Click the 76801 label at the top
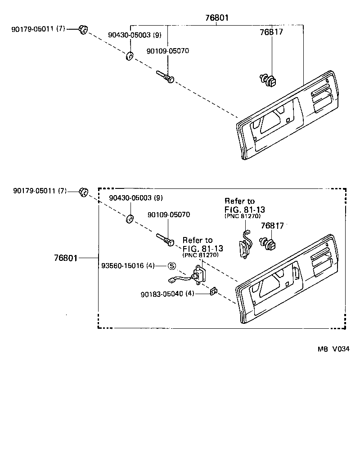point(216,18)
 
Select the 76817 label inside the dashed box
point(272,226)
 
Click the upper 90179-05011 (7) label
point(38,29)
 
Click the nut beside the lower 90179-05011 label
point(83,192)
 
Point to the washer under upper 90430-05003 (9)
point(129,57)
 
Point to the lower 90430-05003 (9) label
point(136,198)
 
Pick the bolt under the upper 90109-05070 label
point(165,76)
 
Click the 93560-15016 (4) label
point(129,266)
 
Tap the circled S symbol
point(171,266)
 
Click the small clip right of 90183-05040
point(214,291)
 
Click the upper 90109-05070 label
point(168,51)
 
